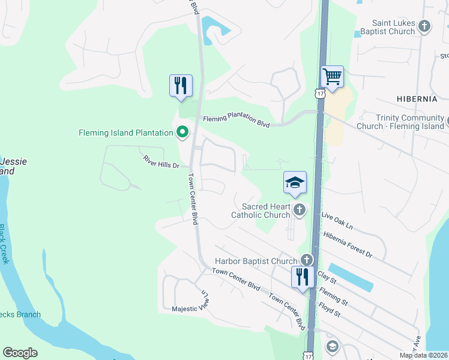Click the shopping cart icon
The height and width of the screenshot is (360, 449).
tap(332, 77)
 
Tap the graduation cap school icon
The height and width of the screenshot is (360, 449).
tap(295, 182)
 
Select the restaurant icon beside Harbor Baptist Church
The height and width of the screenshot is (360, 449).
tap(303, 277)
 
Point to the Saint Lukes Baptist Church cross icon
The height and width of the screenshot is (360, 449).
tap(424, 26)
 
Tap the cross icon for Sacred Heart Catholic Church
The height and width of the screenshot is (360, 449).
tap(299, 209)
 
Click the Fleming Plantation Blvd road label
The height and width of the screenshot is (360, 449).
tap(236, 120)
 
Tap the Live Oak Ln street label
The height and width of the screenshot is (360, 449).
tap(337, 219)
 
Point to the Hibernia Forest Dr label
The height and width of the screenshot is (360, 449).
tap(348, 244)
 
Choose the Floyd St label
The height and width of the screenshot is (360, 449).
tap(330, 311)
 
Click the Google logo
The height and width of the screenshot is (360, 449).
tap(20, 353)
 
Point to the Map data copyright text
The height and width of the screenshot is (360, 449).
tap(423, 355)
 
